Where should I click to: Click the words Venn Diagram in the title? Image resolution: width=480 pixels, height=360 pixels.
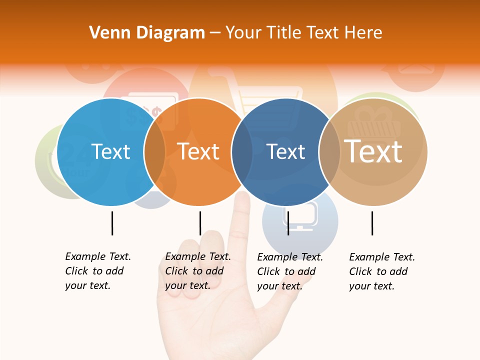pyautogui.click(x=147, y=33)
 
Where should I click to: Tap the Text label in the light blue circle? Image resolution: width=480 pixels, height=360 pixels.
pyautogui.click(x=110, y=151)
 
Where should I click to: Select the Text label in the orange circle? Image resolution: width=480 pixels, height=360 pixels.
pyautogui.click(x=198, y=151)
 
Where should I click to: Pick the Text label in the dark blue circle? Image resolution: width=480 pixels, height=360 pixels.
pyautogui.click(x=285, y=151)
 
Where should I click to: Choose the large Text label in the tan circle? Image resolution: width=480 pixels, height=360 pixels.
pyautogui.click(x=373, y=151)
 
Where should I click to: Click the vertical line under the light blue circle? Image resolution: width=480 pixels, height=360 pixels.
pyautogui.click(x=112, y=223)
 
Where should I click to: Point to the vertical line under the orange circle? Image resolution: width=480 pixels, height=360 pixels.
pyautogui.click(x=200, y=223)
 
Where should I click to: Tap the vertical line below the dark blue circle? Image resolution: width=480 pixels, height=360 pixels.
pyautogui.click(x=288, y=223)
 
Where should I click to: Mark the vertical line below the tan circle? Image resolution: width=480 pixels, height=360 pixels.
pyautogui.click(x=372, y=223)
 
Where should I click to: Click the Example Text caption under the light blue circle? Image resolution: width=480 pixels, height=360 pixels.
pyautogui.click(x=98, y=271)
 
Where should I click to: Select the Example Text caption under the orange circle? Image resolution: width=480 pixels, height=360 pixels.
pyautogui.click(x=198, y=271)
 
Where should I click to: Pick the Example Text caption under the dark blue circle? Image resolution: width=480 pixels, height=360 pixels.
pyautogui.click(x=290, y=271)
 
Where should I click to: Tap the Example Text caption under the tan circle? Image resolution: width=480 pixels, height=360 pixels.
pyautogui.click(x=382, y=271)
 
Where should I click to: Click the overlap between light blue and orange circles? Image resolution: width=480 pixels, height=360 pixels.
pyautogui.click(x=154, y=152)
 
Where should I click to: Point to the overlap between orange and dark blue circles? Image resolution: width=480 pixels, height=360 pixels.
pyautogui.click(x=242, y=152)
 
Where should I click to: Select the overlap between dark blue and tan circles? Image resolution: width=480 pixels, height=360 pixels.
pyautogui.click(x=329, y=152)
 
